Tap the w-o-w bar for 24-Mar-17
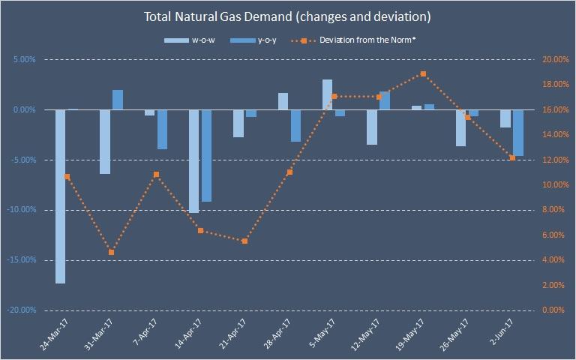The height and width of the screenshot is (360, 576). (60, 196)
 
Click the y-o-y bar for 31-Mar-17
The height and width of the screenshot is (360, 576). (118, 100)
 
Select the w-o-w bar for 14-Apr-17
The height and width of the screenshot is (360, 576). (193, 161)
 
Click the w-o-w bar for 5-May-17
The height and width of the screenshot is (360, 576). (328, 94)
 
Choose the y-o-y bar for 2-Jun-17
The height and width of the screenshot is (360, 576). (518, 133)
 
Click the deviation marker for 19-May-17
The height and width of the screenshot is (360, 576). (424, 73)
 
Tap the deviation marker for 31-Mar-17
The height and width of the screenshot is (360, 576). (112, 252)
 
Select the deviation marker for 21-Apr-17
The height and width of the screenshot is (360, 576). (245, 241)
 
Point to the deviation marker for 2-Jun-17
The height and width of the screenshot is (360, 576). (512, 157)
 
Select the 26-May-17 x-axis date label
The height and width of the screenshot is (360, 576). (457, 335)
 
